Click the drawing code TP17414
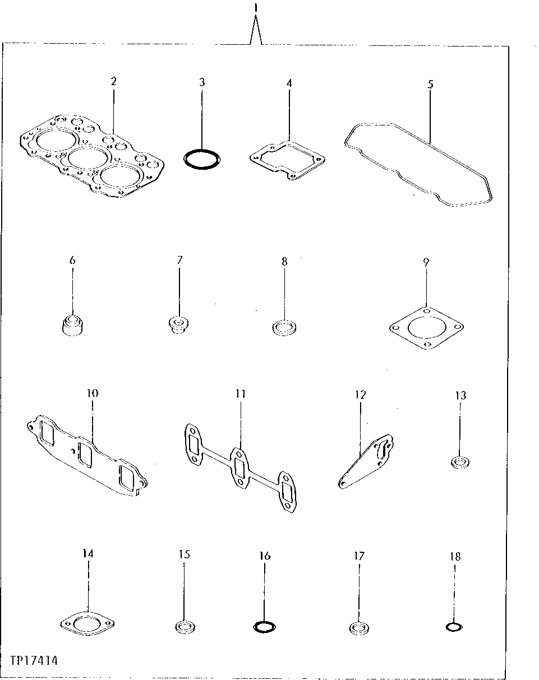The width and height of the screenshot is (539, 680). tap(33, 661)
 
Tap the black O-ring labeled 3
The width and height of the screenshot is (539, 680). tap(201, 159)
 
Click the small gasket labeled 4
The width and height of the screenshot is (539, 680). tap(288, 158)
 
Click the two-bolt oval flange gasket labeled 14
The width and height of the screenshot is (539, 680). tap(87, 622)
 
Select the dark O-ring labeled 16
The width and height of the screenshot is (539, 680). tap(264, 627)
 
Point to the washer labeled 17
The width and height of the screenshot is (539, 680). tap(357, 627)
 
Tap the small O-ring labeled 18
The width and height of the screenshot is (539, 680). tap(454, 627)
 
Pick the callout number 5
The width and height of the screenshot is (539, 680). tap(430, 85)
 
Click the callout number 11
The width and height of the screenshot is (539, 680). tap(241, 394)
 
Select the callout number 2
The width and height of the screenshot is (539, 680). tap(113, 81)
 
